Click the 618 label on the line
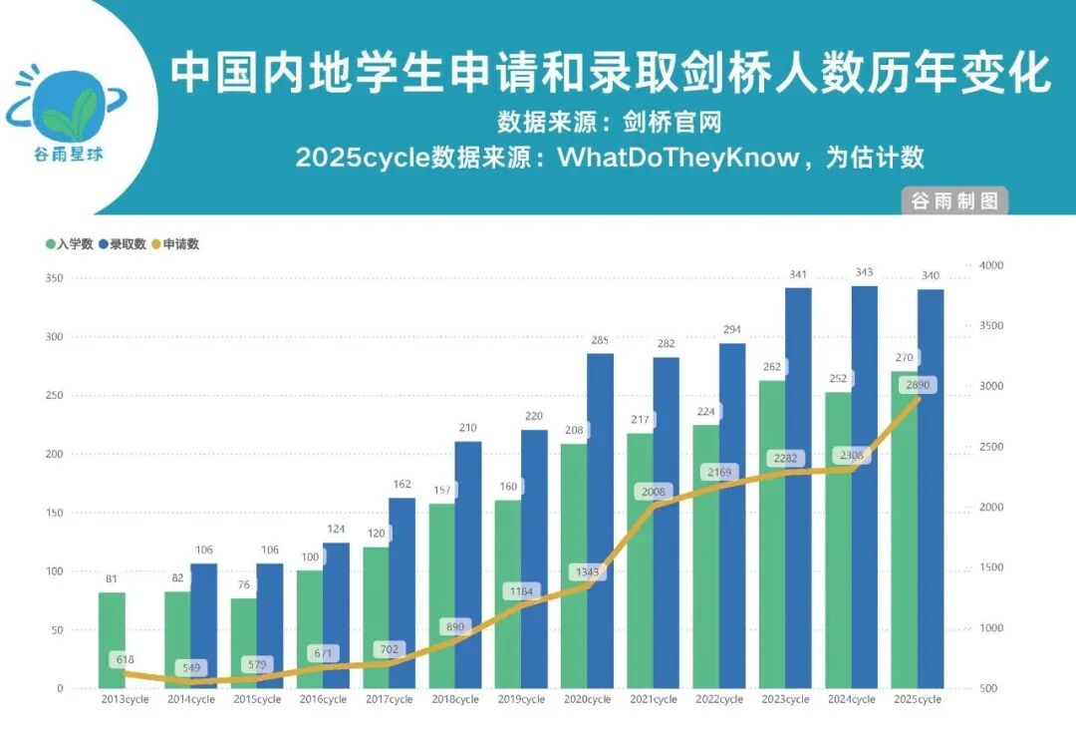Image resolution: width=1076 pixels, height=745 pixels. click(x=125, y=659)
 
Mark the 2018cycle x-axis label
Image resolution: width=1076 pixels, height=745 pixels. click(x=454, y=699)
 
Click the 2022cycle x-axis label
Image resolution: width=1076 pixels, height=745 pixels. click(x=719, y=699)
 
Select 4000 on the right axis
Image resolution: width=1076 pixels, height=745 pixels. click(x=990, y=265)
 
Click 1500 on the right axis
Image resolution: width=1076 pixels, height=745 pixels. click(x=990, y=567)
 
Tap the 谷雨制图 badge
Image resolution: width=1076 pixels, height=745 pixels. click(x=953, y=200)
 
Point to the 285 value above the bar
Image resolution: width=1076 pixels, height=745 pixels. click(x=600, y=340)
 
